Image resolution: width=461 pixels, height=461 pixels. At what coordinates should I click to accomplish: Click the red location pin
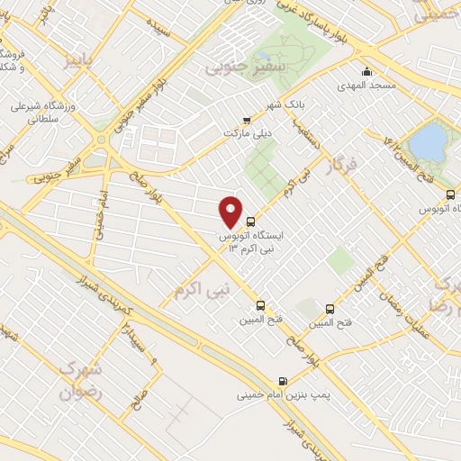coord(231,212)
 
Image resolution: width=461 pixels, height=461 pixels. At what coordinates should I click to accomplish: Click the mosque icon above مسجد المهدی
coord(366,71)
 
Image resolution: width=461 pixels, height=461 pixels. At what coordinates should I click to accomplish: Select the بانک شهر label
coord(286,105)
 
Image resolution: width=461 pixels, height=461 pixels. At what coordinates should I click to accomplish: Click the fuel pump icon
coord(284,380)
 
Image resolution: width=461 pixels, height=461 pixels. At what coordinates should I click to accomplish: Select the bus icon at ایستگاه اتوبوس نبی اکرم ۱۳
coord(250,221)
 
